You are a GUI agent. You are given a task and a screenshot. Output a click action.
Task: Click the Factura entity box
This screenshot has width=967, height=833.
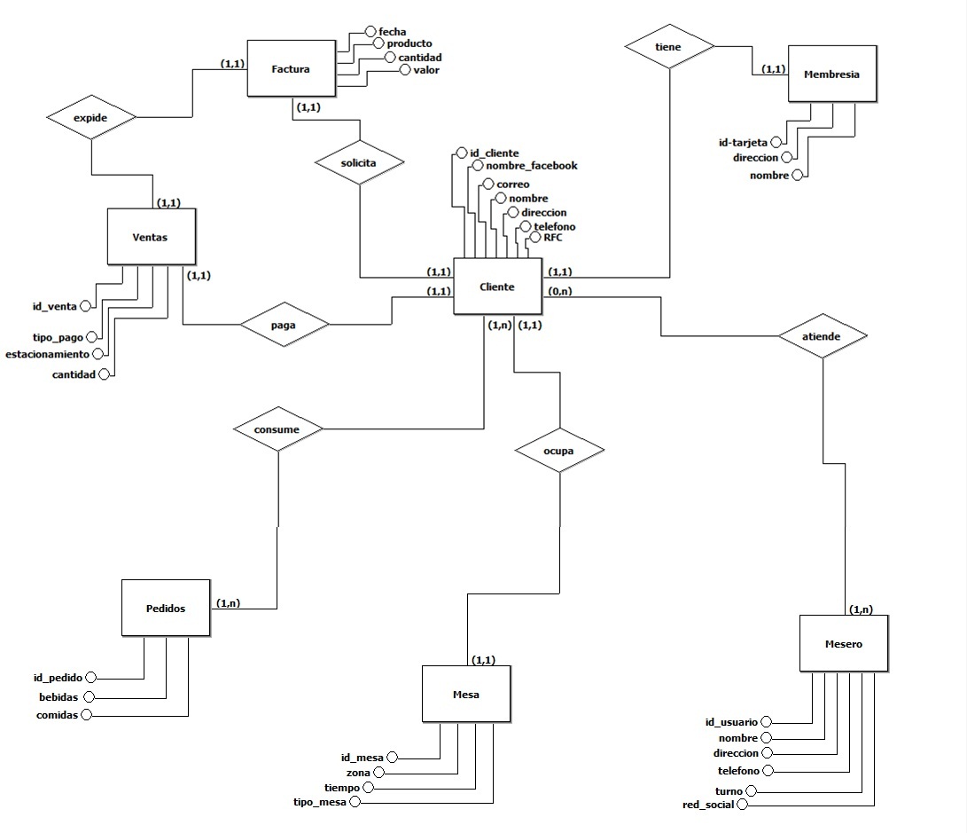point(291,67)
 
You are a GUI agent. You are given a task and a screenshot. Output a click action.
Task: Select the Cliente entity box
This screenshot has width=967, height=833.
point(497,287)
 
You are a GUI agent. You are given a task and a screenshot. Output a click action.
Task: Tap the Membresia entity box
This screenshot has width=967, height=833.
point(831,75)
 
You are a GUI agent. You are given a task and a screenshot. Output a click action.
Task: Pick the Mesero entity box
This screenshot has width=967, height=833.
point(843,644)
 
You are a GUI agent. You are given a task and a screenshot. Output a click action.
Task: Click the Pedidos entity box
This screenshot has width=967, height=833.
point(166,609)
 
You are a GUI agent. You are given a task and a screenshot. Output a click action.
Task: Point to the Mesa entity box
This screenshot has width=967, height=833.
point(465,694)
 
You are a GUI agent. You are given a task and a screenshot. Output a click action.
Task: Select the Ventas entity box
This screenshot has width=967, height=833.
point(150,237)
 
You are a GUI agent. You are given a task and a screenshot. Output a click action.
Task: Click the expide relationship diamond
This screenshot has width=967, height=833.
point(91,117)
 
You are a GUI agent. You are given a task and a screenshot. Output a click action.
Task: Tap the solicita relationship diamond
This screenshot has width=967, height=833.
point(359,163)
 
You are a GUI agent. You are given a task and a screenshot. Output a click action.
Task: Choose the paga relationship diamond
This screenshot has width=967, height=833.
point(284,325)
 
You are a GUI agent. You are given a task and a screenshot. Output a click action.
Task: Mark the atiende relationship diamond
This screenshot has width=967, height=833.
point(822,336)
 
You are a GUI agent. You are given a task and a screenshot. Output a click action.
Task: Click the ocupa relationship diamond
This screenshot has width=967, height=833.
point(559,450)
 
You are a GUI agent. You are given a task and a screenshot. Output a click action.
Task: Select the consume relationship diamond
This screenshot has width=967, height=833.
point(277,429)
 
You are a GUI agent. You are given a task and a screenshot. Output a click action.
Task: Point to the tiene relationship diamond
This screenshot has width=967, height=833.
point(669,47)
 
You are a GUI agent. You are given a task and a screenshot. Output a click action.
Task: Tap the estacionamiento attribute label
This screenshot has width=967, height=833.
point(47,354)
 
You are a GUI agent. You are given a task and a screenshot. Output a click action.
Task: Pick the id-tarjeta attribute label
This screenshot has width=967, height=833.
point(743,142)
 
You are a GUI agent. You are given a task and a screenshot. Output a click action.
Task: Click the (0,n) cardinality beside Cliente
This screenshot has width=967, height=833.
point(558,291)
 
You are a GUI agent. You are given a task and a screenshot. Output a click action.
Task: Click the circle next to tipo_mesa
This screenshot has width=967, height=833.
point(355,802)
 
